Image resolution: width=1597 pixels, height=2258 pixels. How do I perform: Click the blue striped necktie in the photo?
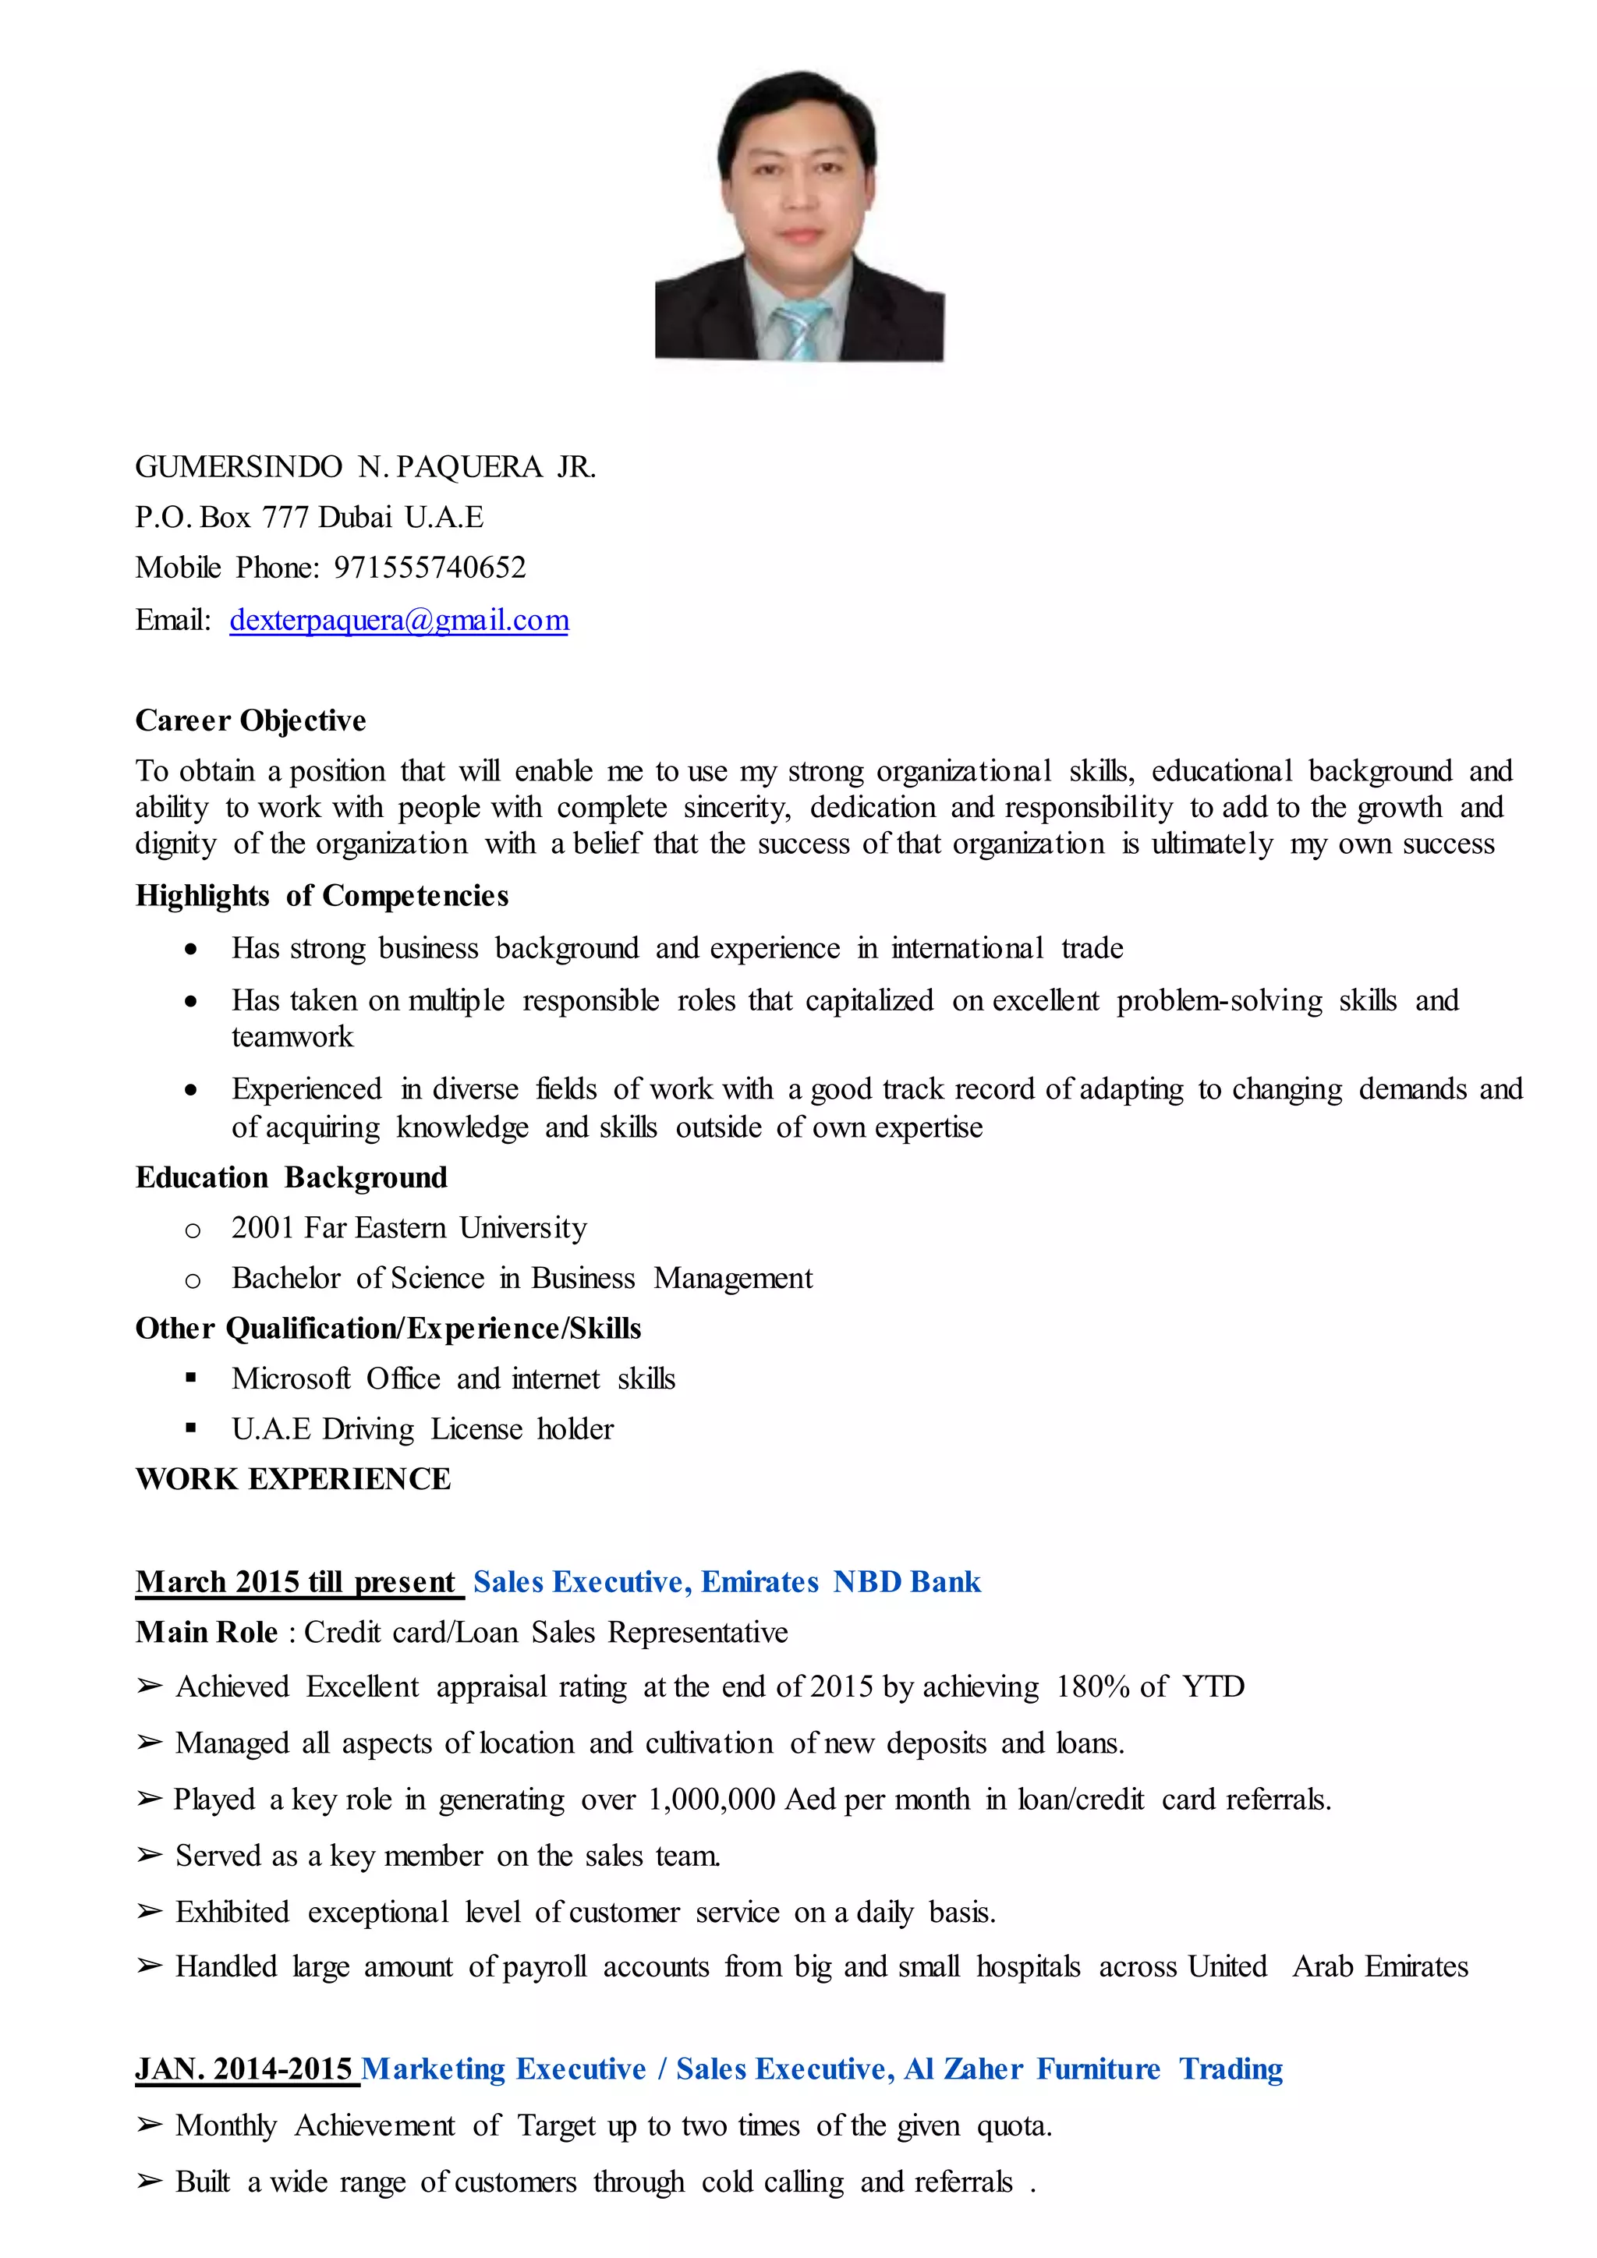(802, 330)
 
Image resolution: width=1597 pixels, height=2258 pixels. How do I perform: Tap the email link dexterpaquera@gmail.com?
(398, 621)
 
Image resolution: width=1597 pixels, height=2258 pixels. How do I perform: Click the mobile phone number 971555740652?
(430, 568)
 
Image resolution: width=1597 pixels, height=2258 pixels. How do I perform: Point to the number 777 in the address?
(285, 517)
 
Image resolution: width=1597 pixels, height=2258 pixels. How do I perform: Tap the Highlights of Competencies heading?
(321, 896)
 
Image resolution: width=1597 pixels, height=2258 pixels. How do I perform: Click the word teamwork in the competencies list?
(292, 1036)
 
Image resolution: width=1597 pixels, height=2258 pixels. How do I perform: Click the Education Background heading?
(291, 1178)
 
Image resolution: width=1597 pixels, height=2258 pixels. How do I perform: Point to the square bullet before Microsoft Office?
(191, 1379)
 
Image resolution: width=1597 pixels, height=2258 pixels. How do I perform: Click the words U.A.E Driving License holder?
(422, 1429)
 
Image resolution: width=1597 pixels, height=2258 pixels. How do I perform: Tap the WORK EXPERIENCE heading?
(293, 1479)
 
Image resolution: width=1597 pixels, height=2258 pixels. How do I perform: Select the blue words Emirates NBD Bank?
(841, 1581)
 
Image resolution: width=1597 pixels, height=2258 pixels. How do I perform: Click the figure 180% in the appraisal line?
(1092, 1686)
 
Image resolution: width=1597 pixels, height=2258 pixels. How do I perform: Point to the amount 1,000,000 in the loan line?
(712, 1800)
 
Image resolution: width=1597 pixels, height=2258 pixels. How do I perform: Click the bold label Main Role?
(207, 1633)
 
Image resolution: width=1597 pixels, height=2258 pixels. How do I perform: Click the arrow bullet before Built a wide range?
(150, 2182)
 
